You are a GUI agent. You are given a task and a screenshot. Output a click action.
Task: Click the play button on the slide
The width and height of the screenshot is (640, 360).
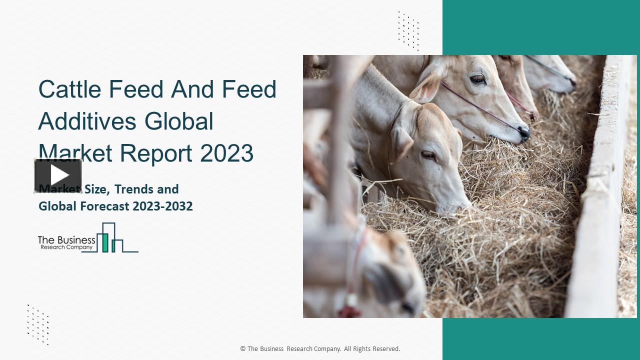(58, 175)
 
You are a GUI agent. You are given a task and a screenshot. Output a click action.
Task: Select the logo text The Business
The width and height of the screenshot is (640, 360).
(66, 240)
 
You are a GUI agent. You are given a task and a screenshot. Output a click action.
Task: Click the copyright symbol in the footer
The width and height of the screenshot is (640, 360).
(243, 349)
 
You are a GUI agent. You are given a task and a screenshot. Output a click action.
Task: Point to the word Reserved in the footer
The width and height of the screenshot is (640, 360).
(384, 349)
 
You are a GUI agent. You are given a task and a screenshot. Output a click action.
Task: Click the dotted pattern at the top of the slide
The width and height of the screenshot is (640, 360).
(408, 30)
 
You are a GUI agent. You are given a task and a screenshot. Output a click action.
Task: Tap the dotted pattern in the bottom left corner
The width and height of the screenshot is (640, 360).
(38, 324)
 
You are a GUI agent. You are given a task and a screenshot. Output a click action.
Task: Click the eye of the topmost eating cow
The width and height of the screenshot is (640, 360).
(477, 79)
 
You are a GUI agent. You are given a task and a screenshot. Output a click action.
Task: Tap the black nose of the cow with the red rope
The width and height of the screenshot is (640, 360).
(523, 132)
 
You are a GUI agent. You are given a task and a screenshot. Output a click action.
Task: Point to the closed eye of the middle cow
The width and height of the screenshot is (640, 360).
(428, 154)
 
